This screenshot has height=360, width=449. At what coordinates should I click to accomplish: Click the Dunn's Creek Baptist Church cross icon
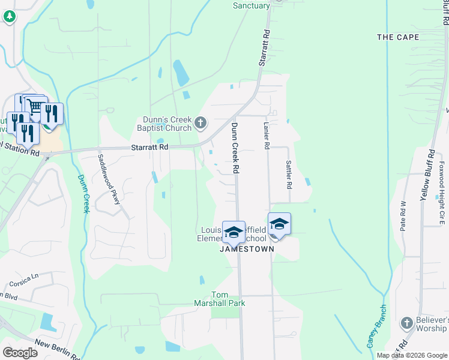200,124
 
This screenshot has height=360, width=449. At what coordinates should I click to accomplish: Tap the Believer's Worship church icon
406,324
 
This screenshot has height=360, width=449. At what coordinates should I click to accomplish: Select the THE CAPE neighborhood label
398,37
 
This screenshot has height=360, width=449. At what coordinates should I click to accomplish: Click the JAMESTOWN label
247,249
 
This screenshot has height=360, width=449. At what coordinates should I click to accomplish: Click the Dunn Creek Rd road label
235,148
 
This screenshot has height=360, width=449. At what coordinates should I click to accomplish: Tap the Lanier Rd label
267,136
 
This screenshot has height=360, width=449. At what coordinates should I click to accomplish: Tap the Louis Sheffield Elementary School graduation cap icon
233,232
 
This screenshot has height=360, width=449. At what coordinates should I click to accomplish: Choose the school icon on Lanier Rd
279,223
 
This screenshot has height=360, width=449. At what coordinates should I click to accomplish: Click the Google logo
20,352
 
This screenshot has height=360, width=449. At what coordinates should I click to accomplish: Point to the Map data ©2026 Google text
412,355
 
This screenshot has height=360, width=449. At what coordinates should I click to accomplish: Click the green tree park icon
9,17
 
